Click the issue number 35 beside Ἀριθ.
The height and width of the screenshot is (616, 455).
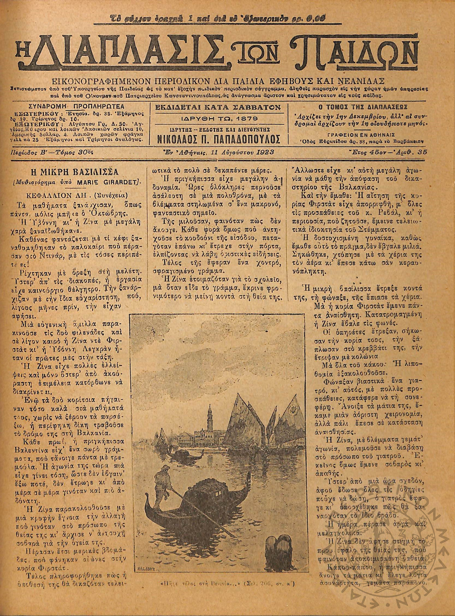click(421, 152)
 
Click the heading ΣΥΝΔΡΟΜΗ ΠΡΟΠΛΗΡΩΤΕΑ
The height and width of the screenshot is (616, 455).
click(76, 107)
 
